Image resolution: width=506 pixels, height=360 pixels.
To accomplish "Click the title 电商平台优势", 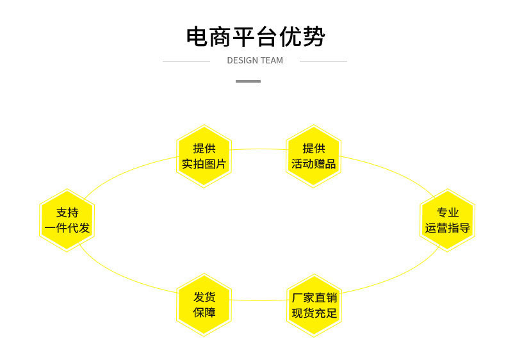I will click(x=255, y=37).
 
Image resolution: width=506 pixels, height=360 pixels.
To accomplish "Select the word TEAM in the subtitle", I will click(x=271, y=61).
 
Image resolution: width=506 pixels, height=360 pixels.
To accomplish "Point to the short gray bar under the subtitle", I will click(x=248, y=81).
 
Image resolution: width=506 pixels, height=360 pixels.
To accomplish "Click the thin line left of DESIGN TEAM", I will click(x=186, y=61).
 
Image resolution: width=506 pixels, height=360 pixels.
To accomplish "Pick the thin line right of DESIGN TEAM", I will click(x=323, y=61).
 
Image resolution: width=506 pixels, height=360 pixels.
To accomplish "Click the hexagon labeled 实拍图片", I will click(x=204, y=156).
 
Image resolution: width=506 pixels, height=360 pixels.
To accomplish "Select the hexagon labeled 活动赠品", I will click(x=313, y=156).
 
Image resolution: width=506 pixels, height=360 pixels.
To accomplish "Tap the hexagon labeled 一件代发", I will click(x=67, y=220).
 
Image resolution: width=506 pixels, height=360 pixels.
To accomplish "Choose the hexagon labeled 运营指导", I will click(x=447, y=220).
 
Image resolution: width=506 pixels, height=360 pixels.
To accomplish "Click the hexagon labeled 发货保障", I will click(x=204, y=304).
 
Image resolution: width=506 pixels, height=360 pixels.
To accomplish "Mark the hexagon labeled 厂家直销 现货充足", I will click(x=314, y=305).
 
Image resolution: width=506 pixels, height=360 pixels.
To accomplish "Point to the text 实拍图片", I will click(x=204, y=164).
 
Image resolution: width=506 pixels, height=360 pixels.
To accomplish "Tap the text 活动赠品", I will click(x=313, y=164).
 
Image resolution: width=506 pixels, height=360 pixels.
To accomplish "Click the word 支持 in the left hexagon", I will click(x=67, y=212).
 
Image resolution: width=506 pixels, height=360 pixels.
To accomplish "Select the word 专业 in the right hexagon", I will click(x=447, y=212).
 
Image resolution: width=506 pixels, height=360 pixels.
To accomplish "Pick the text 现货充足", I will click(x=314, y=313).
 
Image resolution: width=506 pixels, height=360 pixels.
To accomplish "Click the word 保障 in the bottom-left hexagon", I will click(x=204, y=313).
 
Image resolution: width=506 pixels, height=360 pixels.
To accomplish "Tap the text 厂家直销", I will click(x=314, y=298).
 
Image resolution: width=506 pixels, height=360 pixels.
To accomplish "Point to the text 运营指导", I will click(x=447, y=228).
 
